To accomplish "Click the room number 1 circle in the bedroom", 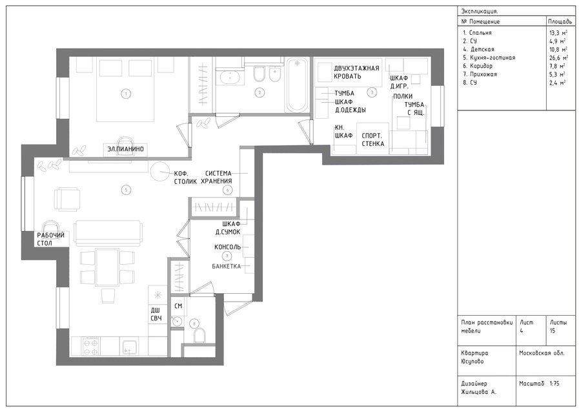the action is pyautogui.click(x=126, y=94).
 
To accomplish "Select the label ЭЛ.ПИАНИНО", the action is pyautogui.click(x=126, y=149).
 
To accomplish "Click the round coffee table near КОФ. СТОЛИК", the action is pyautogui.click(x=160, y=172).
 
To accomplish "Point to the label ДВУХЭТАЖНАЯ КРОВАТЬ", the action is pyautogui.click(x=356, y=72).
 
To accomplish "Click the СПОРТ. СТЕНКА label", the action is pyautogui.click(x=372, y=139).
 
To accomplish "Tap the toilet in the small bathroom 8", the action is pyautogui.click(x=199, y=335).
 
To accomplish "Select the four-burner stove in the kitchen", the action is pyautogui.click(x=91, y=346).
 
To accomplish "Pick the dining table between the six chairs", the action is pyautogui.click(x=107, y=267).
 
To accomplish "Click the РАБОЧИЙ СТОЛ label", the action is pyautogui.click(x=51, y=239).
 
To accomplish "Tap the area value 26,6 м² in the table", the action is pyautogui.click(x=558, y=58).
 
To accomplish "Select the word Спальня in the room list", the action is pyautogui.click(x=480, y=32).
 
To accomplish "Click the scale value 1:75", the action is pyautogui.click(x=555, y=384).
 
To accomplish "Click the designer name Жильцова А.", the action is pyautogui.click(x=479, y=392).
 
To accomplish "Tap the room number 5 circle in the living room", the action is pyautogui.click(x=126, y=190).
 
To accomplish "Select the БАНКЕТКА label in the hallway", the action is pyautogui.click(x=227, y=266).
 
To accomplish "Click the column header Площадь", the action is pyautogui.click(x=560, y=21).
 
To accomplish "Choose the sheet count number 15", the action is pyautogui.click(x=553, y=331).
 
